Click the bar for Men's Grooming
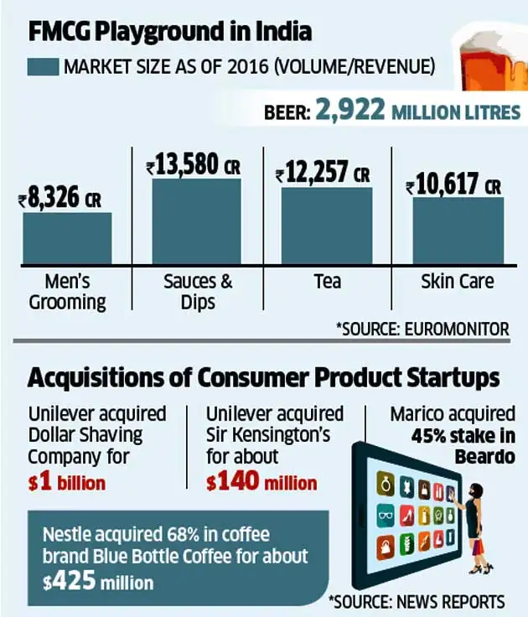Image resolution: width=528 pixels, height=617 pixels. pyautogui.click(x=67, y=238)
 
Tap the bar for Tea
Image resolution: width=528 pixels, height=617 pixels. pyautogui.click(x=327, y=226)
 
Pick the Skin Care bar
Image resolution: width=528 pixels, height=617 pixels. pyautogui.click(x=458, y=231)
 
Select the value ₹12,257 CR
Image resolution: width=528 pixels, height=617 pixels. pyautogui.click(x=323, y=174)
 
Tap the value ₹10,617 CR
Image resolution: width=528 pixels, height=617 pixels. pyautogui.click(x=453, y=185)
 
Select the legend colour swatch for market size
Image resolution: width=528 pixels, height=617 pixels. pyautogui.click(x=43, y=65)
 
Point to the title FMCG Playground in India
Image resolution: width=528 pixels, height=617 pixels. pyautogui.click(x=171, y=32)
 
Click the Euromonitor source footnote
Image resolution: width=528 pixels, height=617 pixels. pyautogui.click(x=422, y=329)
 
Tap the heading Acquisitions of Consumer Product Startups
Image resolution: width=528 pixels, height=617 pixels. pyautogui.click(x=263, y=378)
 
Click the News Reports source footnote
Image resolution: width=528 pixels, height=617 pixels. pyautogui.click(x=417, y=601)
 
